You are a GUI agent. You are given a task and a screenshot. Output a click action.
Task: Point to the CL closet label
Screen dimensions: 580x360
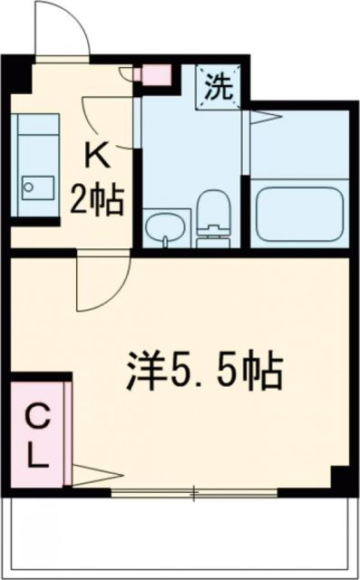click(x=35, y=435)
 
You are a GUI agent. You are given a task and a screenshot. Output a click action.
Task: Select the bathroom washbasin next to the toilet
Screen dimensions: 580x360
click(x=164, y=227)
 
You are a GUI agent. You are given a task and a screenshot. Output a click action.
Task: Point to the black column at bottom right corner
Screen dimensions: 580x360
click(x=342, y=478)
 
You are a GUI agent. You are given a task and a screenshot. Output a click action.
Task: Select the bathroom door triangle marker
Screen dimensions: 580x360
click(x=259, y=115)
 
